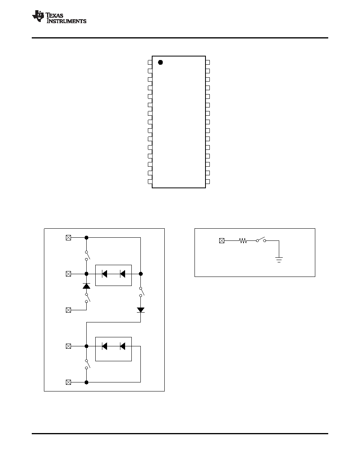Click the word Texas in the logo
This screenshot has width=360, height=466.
(55, 15)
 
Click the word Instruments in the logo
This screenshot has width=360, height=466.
(66, 21)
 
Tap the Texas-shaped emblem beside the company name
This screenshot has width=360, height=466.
(38, 16)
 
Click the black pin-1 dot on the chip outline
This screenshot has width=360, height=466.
(160, 62)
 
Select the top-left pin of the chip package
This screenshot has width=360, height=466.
(150, 62)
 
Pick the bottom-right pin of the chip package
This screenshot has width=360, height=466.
(207, 182)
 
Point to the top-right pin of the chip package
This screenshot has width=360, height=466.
(207, 62)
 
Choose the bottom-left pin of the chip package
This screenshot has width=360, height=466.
(150, 182)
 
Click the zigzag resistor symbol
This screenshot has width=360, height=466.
(243, 241)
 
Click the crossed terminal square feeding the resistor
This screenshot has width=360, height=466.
(222, 241)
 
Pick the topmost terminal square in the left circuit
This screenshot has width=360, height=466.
(68, 237)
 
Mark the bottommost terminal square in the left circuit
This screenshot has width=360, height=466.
(68, 382)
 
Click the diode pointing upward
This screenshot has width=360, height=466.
(86, 286)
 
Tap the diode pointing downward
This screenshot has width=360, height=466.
(140, 310)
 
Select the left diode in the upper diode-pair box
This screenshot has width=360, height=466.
(104, 274)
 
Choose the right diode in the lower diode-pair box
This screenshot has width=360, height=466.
(122, 346)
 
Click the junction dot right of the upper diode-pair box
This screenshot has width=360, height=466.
(141, 274)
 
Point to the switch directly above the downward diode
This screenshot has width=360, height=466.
(142, 291)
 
